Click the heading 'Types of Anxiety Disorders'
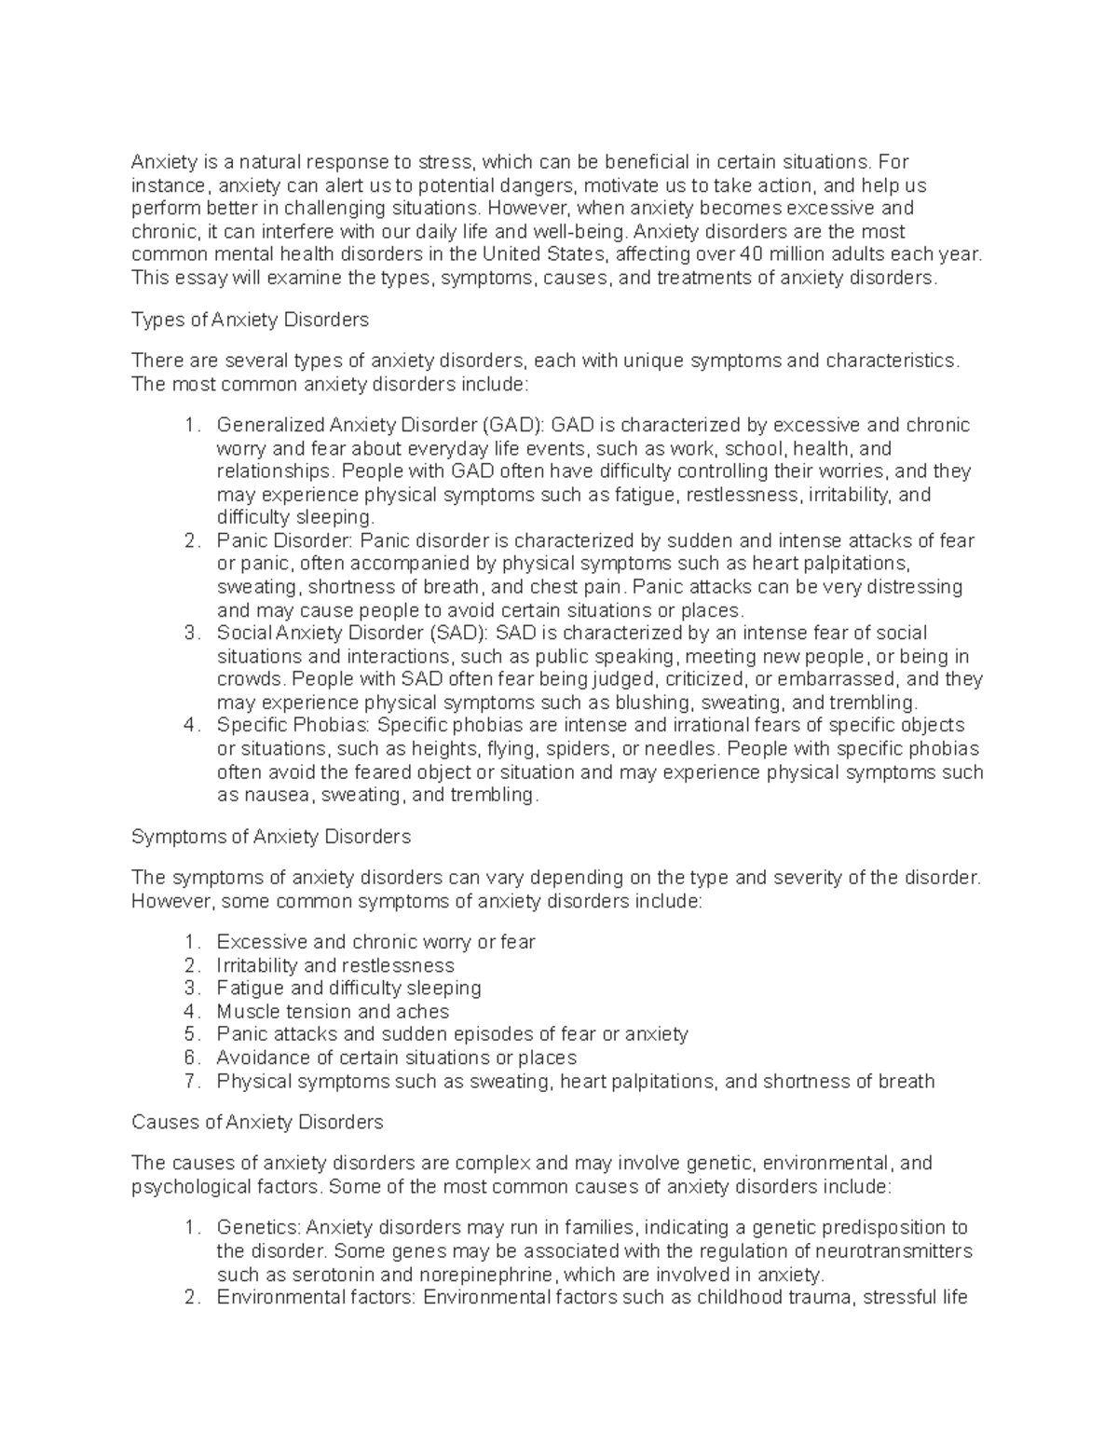250,321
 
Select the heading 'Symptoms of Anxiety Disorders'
271,837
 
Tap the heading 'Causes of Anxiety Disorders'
257,1122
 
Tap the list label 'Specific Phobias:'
293,726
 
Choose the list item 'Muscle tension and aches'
333,1012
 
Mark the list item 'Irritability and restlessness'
335,965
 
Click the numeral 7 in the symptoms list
191,1082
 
